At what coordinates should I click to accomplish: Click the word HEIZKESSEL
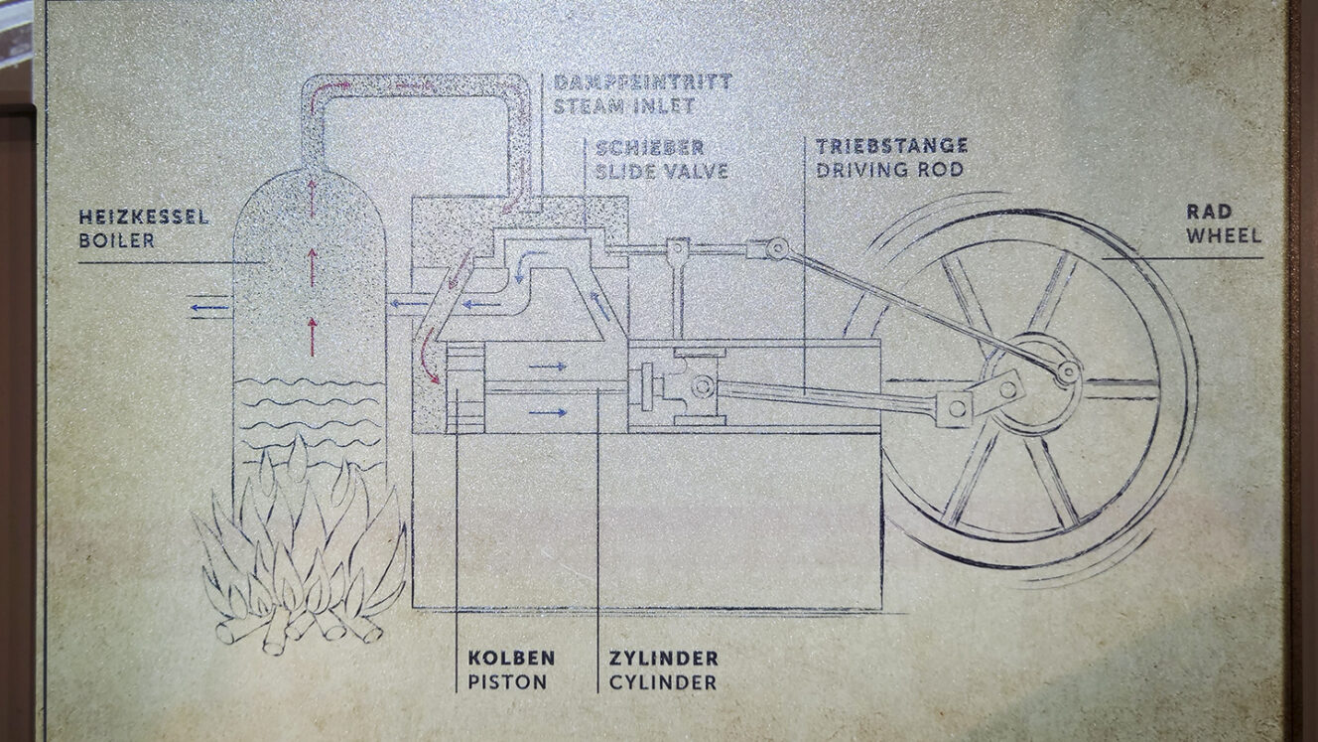pyautogui.click(x=145, y=218)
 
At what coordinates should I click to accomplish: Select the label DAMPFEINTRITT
pyautogui.click(x=642, y=81)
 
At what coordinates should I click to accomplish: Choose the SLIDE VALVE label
pyautogui.click(x=662, y=171)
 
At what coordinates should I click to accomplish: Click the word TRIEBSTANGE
pyautogui.click(x=891, y=146)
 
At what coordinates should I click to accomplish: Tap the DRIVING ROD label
pyautogui.click(x=889, y=169)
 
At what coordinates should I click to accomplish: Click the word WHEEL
pyautogui.click(x=1224, y=235)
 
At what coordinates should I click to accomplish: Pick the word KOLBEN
pyautogui.click(x=511, y=659)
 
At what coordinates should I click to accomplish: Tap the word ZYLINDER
pyautogui.click(x=663, y=659)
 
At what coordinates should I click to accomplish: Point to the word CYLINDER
pyautogui.click(x=663, y=682)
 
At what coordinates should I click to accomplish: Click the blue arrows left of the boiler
pyautogui.click(x=209, y=309)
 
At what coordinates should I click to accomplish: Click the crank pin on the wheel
pyautogui.click(x=1067, y=372)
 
